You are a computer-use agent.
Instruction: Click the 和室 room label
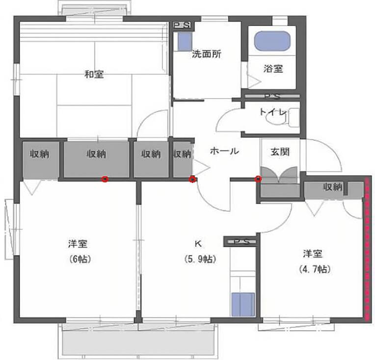tap(94, 75)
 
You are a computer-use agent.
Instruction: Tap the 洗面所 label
tap(207, 54)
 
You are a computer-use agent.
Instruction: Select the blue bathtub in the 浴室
tap(272, 41)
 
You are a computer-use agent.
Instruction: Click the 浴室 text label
tap(273, 69)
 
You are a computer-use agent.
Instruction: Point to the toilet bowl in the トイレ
tap(277, 118)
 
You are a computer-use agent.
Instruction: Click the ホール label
tap(224, 151)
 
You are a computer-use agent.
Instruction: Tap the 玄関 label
tap(280, 152)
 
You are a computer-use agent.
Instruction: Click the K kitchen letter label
tap(198, 244)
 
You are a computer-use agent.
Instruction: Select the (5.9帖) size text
tap(200, 259)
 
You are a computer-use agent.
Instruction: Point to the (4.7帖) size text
tap(315, 269)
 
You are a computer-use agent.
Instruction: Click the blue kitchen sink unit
tap(243, 305)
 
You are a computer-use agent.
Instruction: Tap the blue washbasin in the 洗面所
tap(185, 41)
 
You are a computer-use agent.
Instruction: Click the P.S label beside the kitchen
tap(241, 242)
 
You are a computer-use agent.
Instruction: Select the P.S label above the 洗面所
tap(182, 25)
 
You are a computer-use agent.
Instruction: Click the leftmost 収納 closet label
tap(40, 154)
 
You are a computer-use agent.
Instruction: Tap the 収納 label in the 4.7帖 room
tap(333, 187)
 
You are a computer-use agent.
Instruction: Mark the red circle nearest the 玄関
tap(258, 179)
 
